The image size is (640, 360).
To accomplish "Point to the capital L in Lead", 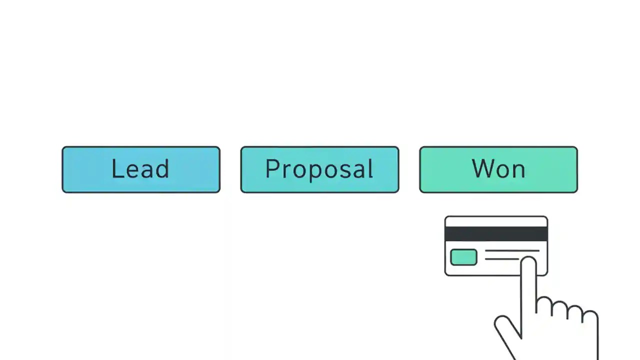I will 116,169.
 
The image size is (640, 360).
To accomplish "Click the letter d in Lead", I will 163,169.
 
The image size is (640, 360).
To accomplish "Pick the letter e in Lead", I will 131,171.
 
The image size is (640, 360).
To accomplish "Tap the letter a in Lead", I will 147,171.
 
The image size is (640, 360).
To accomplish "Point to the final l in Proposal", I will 370,169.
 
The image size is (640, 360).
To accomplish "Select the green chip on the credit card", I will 463,257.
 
